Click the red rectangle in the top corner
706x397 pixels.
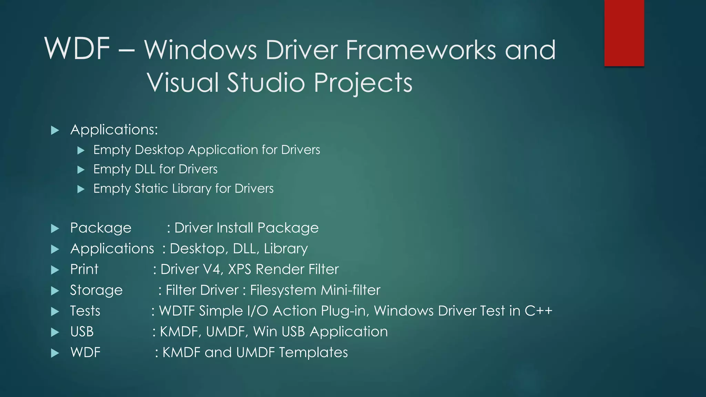pos(624,33)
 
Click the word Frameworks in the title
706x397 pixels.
pos(421,50)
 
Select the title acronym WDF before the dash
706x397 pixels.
pos(77,49)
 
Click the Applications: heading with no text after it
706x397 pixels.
pos(114,130)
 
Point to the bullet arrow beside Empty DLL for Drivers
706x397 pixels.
pos(81,170)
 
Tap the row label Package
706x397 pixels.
pos(101,228)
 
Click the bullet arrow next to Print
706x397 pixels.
pos(55,270)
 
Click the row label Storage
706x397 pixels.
pos(96,290)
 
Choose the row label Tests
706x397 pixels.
pos(85,311)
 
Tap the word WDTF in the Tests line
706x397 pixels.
pos(177,311)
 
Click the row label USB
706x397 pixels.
pos(82,332)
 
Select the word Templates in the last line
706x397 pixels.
pos(313,353)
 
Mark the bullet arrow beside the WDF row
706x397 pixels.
pos(55,353)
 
